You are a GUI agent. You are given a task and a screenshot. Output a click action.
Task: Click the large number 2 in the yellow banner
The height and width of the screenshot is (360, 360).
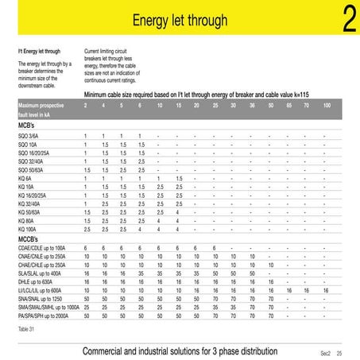click(x=346, y=21)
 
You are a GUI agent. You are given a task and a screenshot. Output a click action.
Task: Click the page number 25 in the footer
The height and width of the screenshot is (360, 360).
click(x=339, y=352)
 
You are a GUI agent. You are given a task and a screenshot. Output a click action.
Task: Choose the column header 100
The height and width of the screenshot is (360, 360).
click(x=327, y=105)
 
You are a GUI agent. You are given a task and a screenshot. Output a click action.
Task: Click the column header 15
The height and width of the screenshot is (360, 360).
click(x=177, y=105)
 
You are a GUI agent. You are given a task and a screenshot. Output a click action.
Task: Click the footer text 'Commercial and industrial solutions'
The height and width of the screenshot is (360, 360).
click(x=180, y=351)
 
